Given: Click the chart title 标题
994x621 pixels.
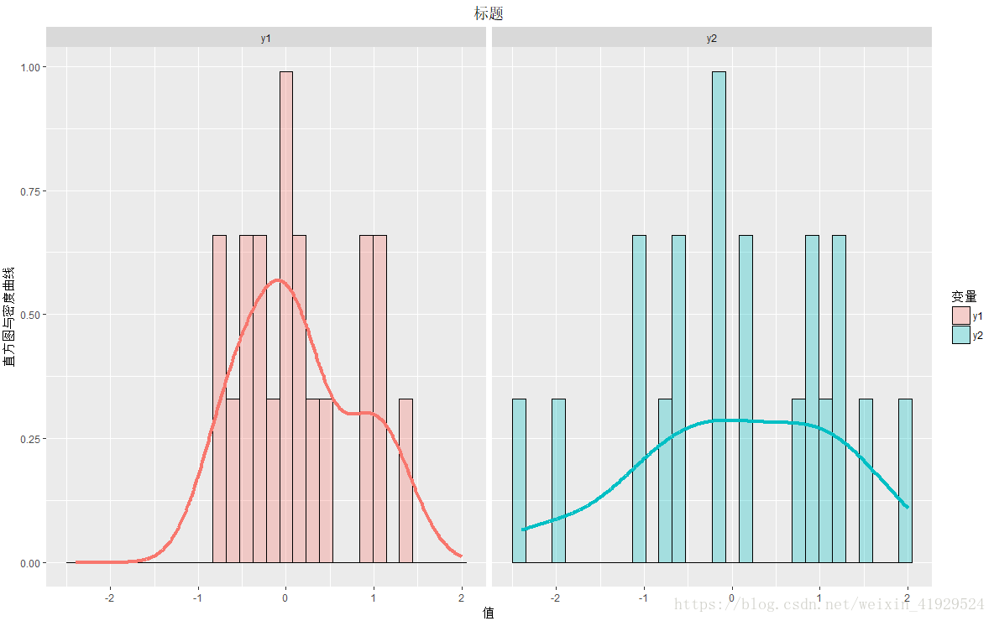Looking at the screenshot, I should pyautogui.click(x=488, y=13).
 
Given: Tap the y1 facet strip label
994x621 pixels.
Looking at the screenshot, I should pyautogui.click(x=265, y=38).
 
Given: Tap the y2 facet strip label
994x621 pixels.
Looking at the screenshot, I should pyautogui.click(x=711, y=38).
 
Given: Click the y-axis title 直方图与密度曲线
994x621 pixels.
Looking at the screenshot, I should pyautogui.click(x=9, y=316).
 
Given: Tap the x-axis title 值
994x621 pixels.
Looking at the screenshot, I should pyautogui.click(x=488, y=613).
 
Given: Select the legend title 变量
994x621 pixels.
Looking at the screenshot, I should pyautogui.click(x=963, y=297).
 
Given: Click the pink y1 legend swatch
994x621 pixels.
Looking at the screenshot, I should pyautogui.click(x=960, y=316).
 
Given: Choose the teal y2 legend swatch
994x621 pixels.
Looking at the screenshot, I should pyautogui.click(x=960, y=335).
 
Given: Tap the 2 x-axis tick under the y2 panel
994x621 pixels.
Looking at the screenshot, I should pyautogui.click(x=908, y=598).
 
